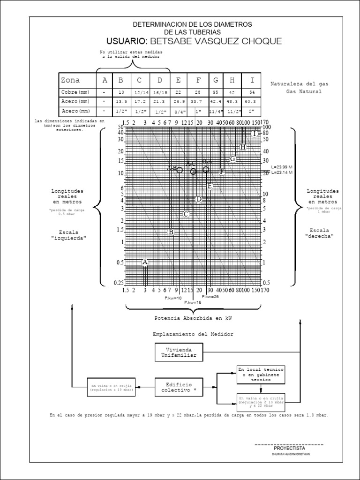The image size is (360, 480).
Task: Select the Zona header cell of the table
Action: tap(70, 80)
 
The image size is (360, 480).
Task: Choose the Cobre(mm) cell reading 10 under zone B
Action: tap(121, 92)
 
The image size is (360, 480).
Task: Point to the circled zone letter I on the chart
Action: tap(255, 134)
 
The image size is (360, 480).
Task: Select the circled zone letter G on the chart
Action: tap(232, 158)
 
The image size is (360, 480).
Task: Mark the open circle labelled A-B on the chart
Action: tap(180, 170)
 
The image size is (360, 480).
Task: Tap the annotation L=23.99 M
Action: tap(282, 167)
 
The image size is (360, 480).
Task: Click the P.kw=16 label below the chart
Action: tap(193, 303)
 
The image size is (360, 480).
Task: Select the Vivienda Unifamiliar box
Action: tap(179, 352)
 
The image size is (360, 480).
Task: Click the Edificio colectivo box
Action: tap(179, 387)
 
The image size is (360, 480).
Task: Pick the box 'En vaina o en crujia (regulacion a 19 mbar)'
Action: tap(112, 387)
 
